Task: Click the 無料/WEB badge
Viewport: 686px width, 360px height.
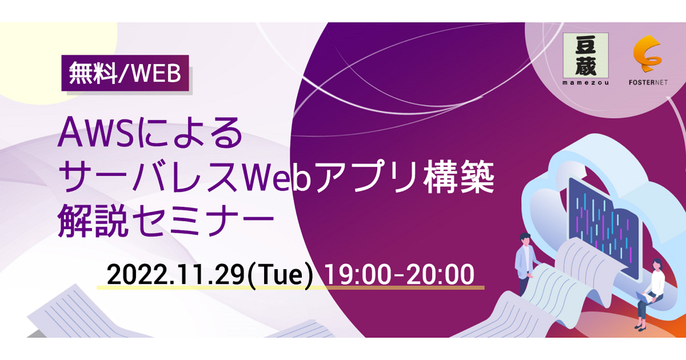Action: [x=125, y=73]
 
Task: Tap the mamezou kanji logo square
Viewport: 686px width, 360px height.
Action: [x=586, y=56]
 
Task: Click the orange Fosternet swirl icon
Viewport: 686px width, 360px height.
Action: [x=648, y=54]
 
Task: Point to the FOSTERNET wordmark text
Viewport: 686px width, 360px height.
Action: [x=648, y=83]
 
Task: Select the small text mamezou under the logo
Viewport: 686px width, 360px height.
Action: [x=586, y=83]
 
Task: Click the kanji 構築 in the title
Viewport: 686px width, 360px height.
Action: [x=459, y=177]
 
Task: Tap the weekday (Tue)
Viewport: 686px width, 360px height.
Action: [x=281, y=275]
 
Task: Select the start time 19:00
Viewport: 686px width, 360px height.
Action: [x=358, y=275]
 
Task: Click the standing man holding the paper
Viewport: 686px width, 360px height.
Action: [x=525, y=264]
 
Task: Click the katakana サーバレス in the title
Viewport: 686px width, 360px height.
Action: [x=150, y=177]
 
